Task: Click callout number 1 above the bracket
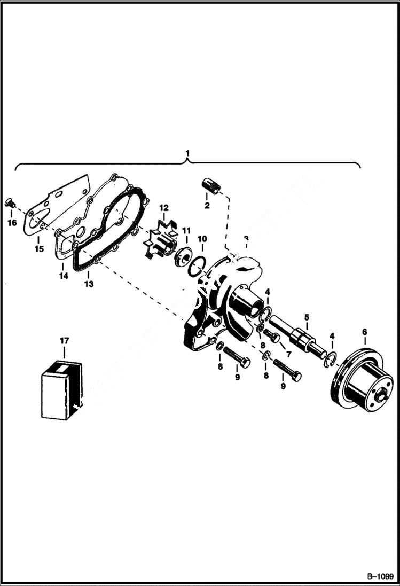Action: point(187,154)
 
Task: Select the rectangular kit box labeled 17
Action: point(61,389)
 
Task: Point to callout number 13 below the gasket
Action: point(89,284)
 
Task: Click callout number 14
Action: point(64,276)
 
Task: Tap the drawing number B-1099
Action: point(380,577)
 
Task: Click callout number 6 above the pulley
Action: point(365,332)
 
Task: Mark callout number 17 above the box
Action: point(64,340)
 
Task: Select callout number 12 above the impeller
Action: point(163,207)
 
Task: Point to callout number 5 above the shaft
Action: point(307,317)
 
